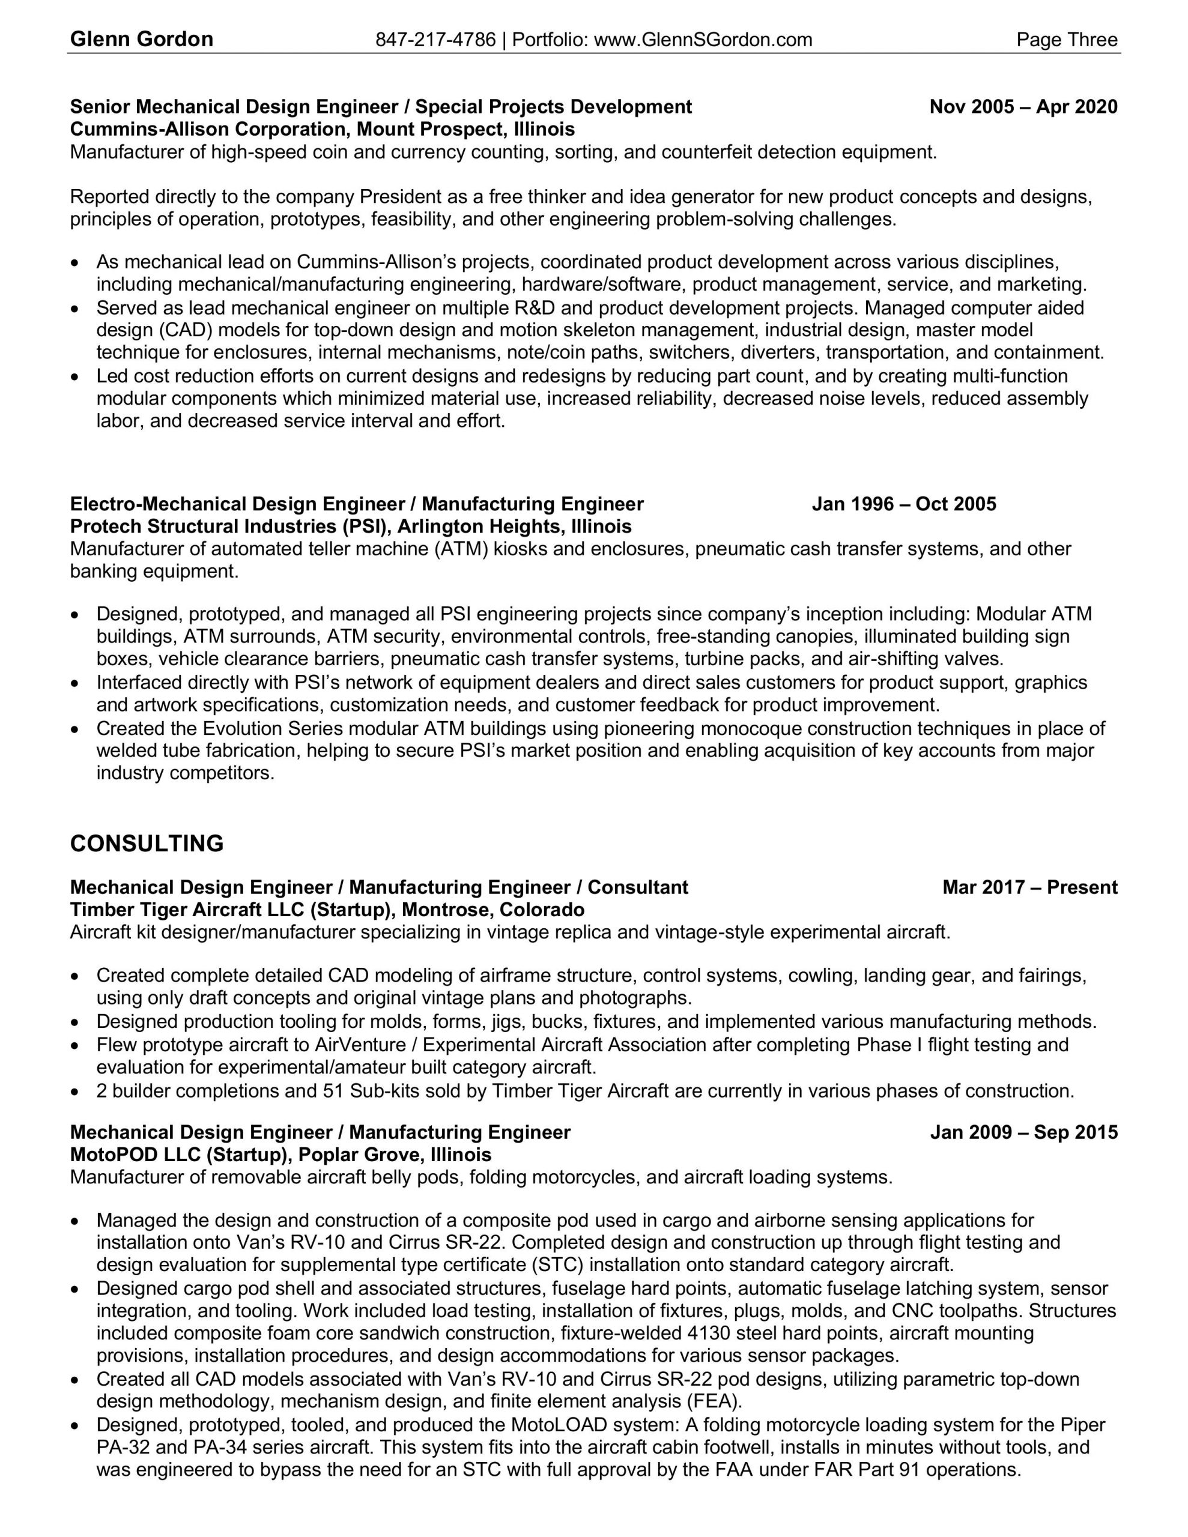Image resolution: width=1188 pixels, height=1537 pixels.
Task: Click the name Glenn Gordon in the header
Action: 142,40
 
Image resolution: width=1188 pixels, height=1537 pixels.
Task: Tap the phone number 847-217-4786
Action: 435,40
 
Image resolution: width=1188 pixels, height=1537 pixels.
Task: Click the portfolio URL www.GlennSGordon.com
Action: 703,40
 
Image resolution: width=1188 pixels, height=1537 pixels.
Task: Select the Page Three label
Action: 1066,40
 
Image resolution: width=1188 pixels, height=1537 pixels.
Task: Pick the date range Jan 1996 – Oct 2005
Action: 903,504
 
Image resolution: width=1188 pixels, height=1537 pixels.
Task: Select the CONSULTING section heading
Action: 147,844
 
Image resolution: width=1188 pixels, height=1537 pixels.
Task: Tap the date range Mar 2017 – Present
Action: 1029,887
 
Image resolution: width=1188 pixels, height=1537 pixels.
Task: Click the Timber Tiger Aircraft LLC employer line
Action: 327,910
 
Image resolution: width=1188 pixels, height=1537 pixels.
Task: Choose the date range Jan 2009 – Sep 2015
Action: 1023,1132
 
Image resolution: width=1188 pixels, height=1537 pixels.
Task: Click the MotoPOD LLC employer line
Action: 280,1155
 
